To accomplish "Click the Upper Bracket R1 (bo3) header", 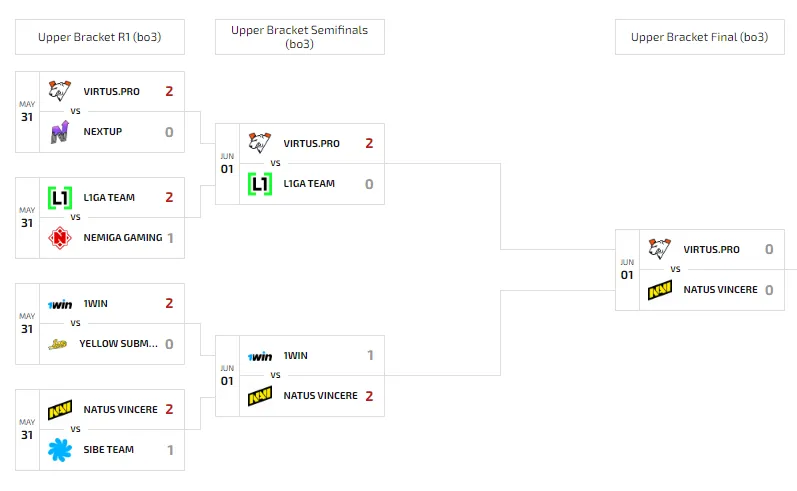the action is point(100,37).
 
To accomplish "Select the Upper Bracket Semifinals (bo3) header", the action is point(299,37).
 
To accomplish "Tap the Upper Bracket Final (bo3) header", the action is point(699,37).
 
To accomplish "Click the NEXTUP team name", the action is point(103,132).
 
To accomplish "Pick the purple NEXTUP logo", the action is point(59,132).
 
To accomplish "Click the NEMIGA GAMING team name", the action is point(123,238).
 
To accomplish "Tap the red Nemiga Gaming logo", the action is point(59,238).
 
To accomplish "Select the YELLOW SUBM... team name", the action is point(118,344).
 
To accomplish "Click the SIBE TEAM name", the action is point(109,450).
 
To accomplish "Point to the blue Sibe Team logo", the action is point(59,450).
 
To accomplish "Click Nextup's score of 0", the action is point(169,132).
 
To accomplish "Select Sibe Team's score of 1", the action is point(170,450).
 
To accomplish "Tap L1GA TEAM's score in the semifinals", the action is point(369,184).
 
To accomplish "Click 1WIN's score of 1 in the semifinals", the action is point(370,355).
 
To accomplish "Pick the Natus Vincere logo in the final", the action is point(660,290).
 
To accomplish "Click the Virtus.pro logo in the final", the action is point(660,249).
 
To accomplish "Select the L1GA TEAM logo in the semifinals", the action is point(260,184).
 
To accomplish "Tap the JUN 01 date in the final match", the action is point(627,270).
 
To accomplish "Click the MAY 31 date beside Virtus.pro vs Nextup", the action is point(27,112).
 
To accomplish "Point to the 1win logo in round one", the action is point(60,304).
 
